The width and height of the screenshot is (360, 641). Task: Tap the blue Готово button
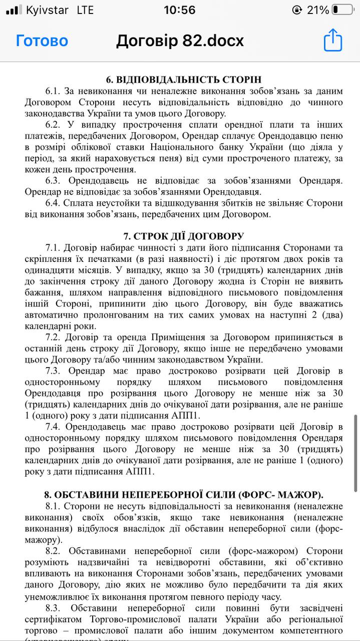pos(42,41)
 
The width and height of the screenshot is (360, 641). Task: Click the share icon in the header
pos(332,40)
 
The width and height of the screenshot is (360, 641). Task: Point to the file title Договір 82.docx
pos(180,41)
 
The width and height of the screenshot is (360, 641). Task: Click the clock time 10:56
pos(179,10)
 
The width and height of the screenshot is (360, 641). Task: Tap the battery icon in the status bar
pos(342,10)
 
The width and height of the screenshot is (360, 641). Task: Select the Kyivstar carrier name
pos(47,10)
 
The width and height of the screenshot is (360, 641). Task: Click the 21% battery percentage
pos(317,10)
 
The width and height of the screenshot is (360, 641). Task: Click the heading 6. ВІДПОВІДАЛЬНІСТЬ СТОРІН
pos(184,80)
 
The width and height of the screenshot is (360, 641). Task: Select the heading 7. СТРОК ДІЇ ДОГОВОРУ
pos(184,236)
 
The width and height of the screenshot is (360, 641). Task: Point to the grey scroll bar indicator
pos(355,453)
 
